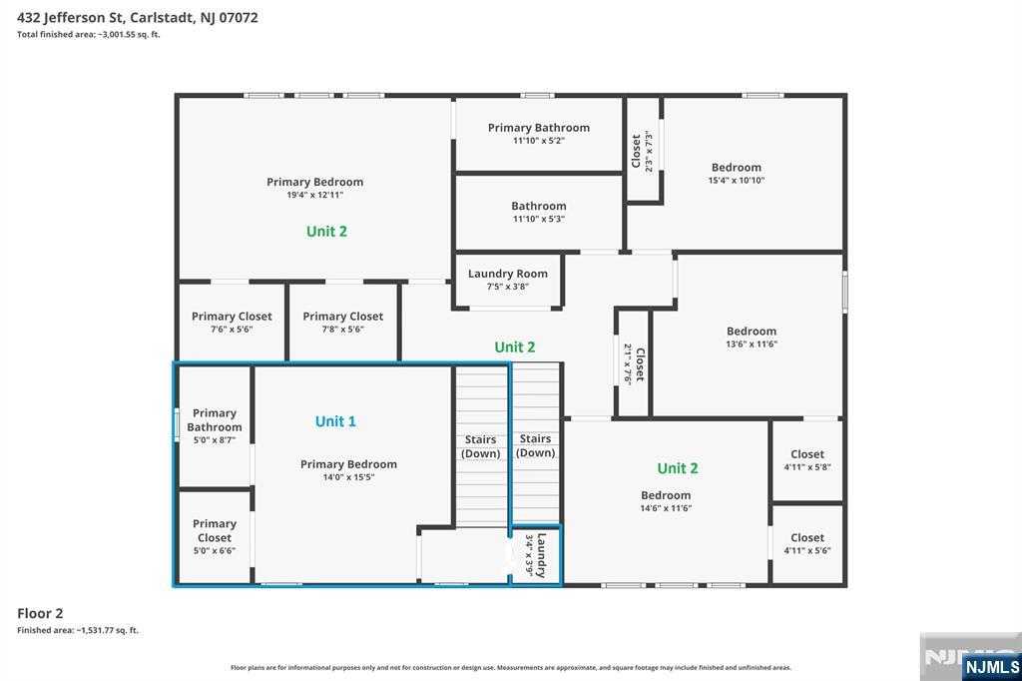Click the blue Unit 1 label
(335, 421)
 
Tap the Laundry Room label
(508, 274)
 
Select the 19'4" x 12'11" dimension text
(314, 195)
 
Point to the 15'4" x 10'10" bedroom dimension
(737, 181)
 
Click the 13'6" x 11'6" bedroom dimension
(752, 343)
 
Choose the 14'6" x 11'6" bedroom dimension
(666, 508)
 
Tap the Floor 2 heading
(40, 613)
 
